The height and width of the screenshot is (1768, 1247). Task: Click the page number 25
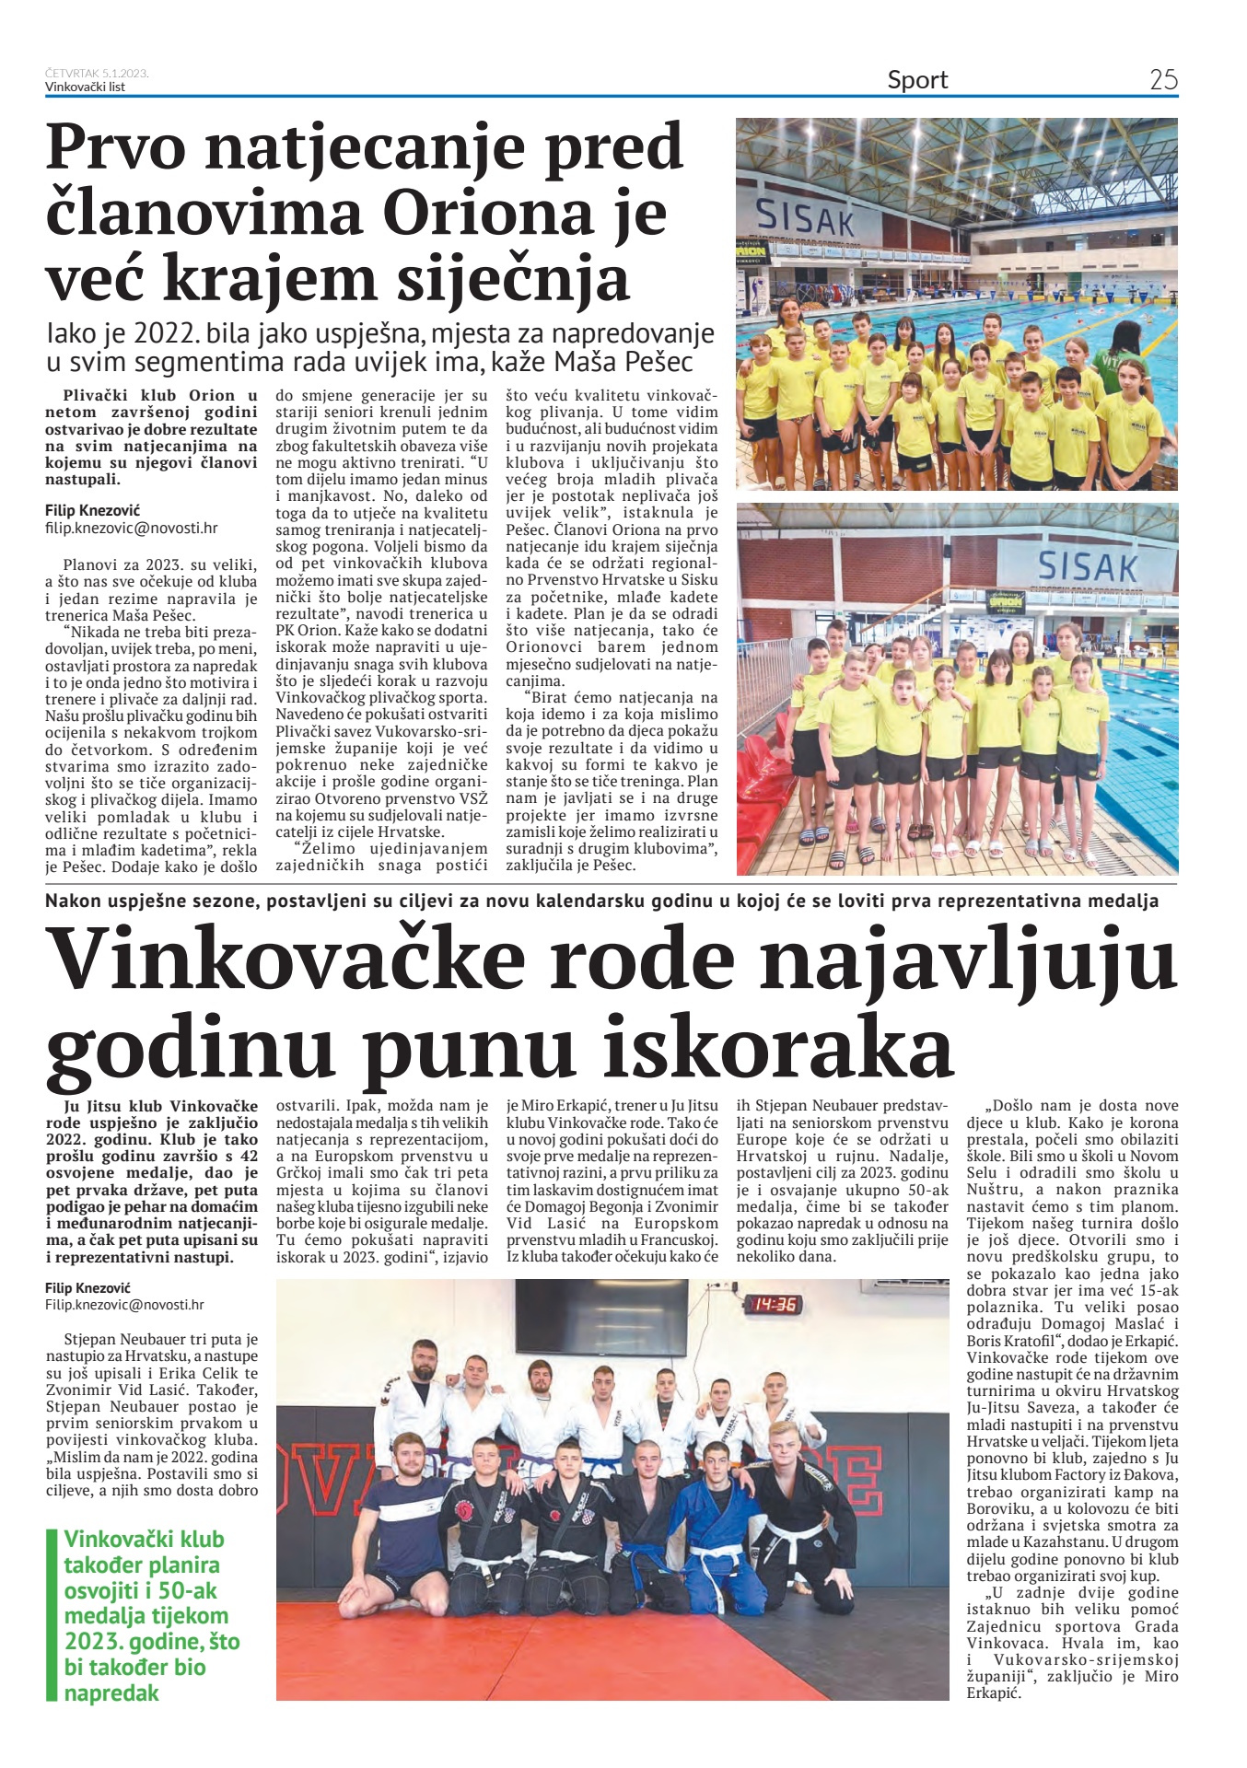click(x=1163, y=80)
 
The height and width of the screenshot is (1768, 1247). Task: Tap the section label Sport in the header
click(x=917, y=80)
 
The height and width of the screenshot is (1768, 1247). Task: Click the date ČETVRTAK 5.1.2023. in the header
click(x=97, y=73)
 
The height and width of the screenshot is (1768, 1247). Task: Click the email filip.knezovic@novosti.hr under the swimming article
click(x=131, y=529)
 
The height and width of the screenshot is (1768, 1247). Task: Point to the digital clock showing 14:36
click(x=775, y=1304)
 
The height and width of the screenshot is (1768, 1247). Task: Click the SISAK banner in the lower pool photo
click(x=1087, y=566)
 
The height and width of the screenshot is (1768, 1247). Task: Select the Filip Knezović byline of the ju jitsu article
click(x=87, y=1287)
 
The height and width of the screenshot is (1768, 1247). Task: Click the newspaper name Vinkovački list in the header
click(x=85, y=87)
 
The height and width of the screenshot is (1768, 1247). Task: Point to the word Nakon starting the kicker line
click(x=75, y=901)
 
